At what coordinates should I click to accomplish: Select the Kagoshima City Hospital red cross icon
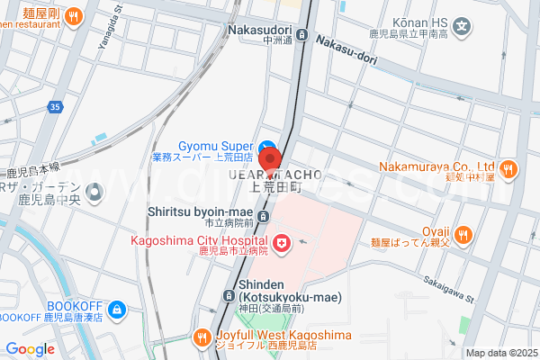click(281, 242)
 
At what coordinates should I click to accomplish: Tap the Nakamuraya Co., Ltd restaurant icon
click(509, 168)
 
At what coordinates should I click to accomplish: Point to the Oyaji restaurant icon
click(463, 234)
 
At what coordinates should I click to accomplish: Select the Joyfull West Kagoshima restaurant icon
click(202, 337)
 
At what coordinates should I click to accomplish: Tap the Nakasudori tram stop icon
click(301, 36)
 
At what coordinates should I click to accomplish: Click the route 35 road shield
click(56, 106)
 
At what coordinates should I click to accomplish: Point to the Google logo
click(30, 349)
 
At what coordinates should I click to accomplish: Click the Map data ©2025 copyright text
click(499, 353)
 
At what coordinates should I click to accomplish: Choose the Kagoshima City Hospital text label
click(199, 240)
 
